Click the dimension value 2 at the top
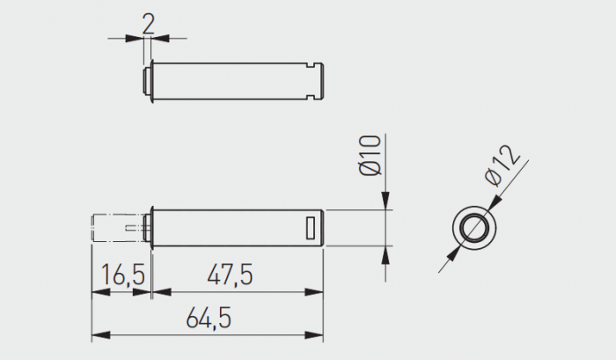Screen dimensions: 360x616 coord(147,22)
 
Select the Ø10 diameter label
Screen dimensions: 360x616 coord(370,155)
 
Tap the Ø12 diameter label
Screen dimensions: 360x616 coord(502,165)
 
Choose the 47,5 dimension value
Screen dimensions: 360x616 coord(231,276)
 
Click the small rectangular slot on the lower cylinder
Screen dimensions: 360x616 coord(310,226)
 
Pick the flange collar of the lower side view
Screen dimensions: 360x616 coord(153,227)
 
